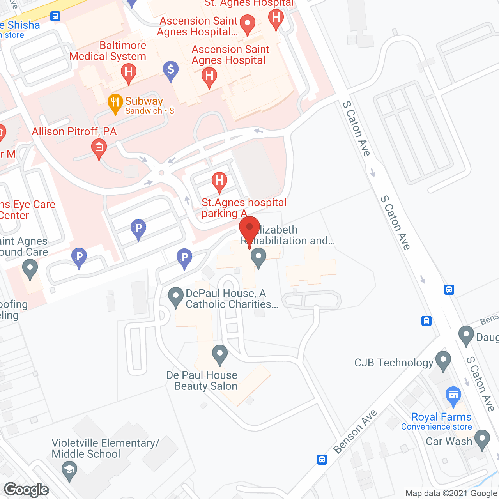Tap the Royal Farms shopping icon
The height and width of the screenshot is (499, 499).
[453, 395]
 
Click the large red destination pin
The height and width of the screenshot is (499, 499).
[249, 228]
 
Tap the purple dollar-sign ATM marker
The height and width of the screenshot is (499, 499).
[171, 70]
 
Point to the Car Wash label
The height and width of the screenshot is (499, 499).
[449, 441]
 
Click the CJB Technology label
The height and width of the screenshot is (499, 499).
[394, 363]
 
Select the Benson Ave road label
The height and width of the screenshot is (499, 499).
[355, 432]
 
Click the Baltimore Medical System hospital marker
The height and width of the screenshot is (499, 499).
[128, 73]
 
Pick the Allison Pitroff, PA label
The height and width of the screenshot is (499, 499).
[74, 131]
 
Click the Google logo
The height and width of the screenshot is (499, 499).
[27, 490]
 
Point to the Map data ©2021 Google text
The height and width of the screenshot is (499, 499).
[451, 494]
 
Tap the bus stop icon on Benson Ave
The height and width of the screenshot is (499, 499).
[322, 459]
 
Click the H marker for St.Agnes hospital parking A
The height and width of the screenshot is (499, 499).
[219, 181]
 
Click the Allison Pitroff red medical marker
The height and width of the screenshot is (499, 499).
[99, 148]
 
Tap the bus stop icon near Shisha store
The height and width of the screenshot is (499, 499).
[55, 16]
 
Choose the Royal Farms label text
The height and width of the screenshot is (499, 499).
[441, 417]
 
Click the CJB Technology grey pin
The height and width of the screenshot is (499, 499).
[443, 360]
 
